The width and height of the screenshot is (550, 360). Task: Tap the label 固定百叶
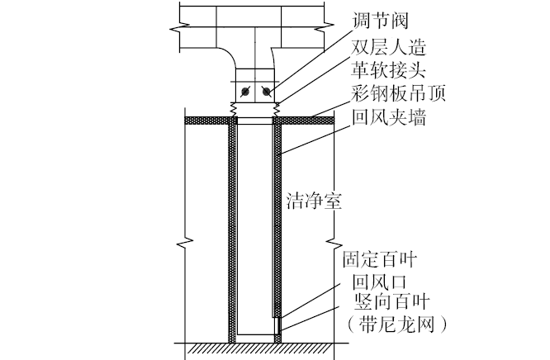[379, 261]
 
